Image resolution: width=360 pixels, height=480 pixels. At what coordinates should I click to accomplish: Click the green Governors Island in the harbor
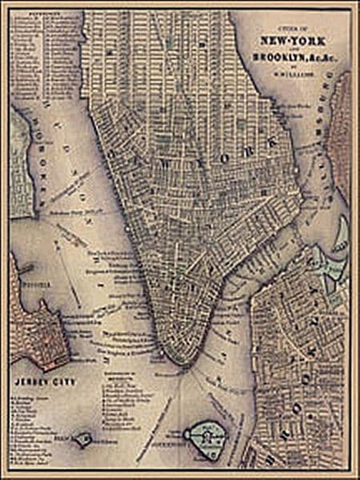tap(206, 437)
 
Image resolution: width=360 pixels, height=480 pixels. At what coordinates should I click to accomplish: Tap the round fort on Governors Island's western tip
tap(190, 434)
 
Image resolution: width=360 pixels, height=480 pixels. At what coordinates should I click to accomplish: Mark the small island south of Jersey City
tap(82, 438)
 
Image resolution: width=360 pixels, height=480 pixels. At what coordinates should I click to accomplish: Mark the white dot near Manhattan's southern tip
tap(161, 353)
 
